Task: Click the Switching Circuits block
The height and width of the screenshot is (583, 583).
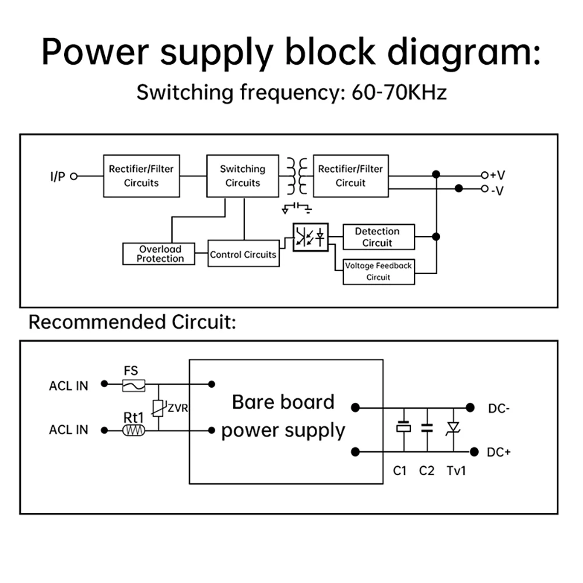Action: tap(243, 176)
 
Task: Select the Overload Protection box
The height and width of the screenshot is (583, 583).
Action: tap(159, 254)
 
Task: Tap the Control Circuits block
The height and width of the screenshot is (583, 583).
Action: tap(243, 254)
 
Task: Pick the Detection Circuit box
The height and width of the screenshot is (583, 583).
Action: tap(378, 237)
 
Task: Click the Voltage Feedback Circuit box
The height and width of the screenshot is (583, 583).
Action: tap(378, 272)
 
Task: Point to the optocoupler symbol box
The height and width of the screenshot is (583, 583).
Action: tap(310, 237)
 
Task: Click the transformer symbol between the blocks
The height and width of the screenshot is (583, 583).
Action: tap(296, 176)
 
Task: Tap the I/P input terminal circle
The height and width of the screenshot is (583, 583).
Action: tap(73, 177)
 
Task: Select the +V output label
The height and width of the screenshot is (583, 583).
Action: tap(497, 175)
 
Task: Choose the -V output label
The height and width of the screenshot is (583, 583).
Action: tap(497, 189)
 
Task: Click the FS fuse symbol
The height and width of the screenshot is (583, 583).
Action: tap(134, 384)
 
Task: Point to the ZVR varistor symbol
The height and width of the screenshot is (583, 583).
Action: tap(158, 408)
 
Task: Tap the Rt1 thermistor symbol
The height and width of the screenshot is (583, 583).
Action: tap(134, 430)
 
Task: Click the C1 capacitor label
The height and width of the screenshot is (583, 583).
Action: tap(399, 470)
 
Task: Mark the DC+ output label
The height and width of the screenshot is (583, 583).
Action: tap(498, 452)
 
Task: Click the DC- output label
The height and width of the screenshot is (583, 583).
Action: tap(498, 409)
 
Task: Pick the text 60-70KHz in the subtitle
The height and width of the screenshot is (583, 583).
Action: tap(399, 92)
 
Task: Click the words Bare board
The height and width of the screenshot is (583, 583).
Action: tap(283, 402)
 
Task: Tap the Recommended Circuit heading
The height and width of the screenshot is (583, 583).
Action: tap(132, 322)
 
